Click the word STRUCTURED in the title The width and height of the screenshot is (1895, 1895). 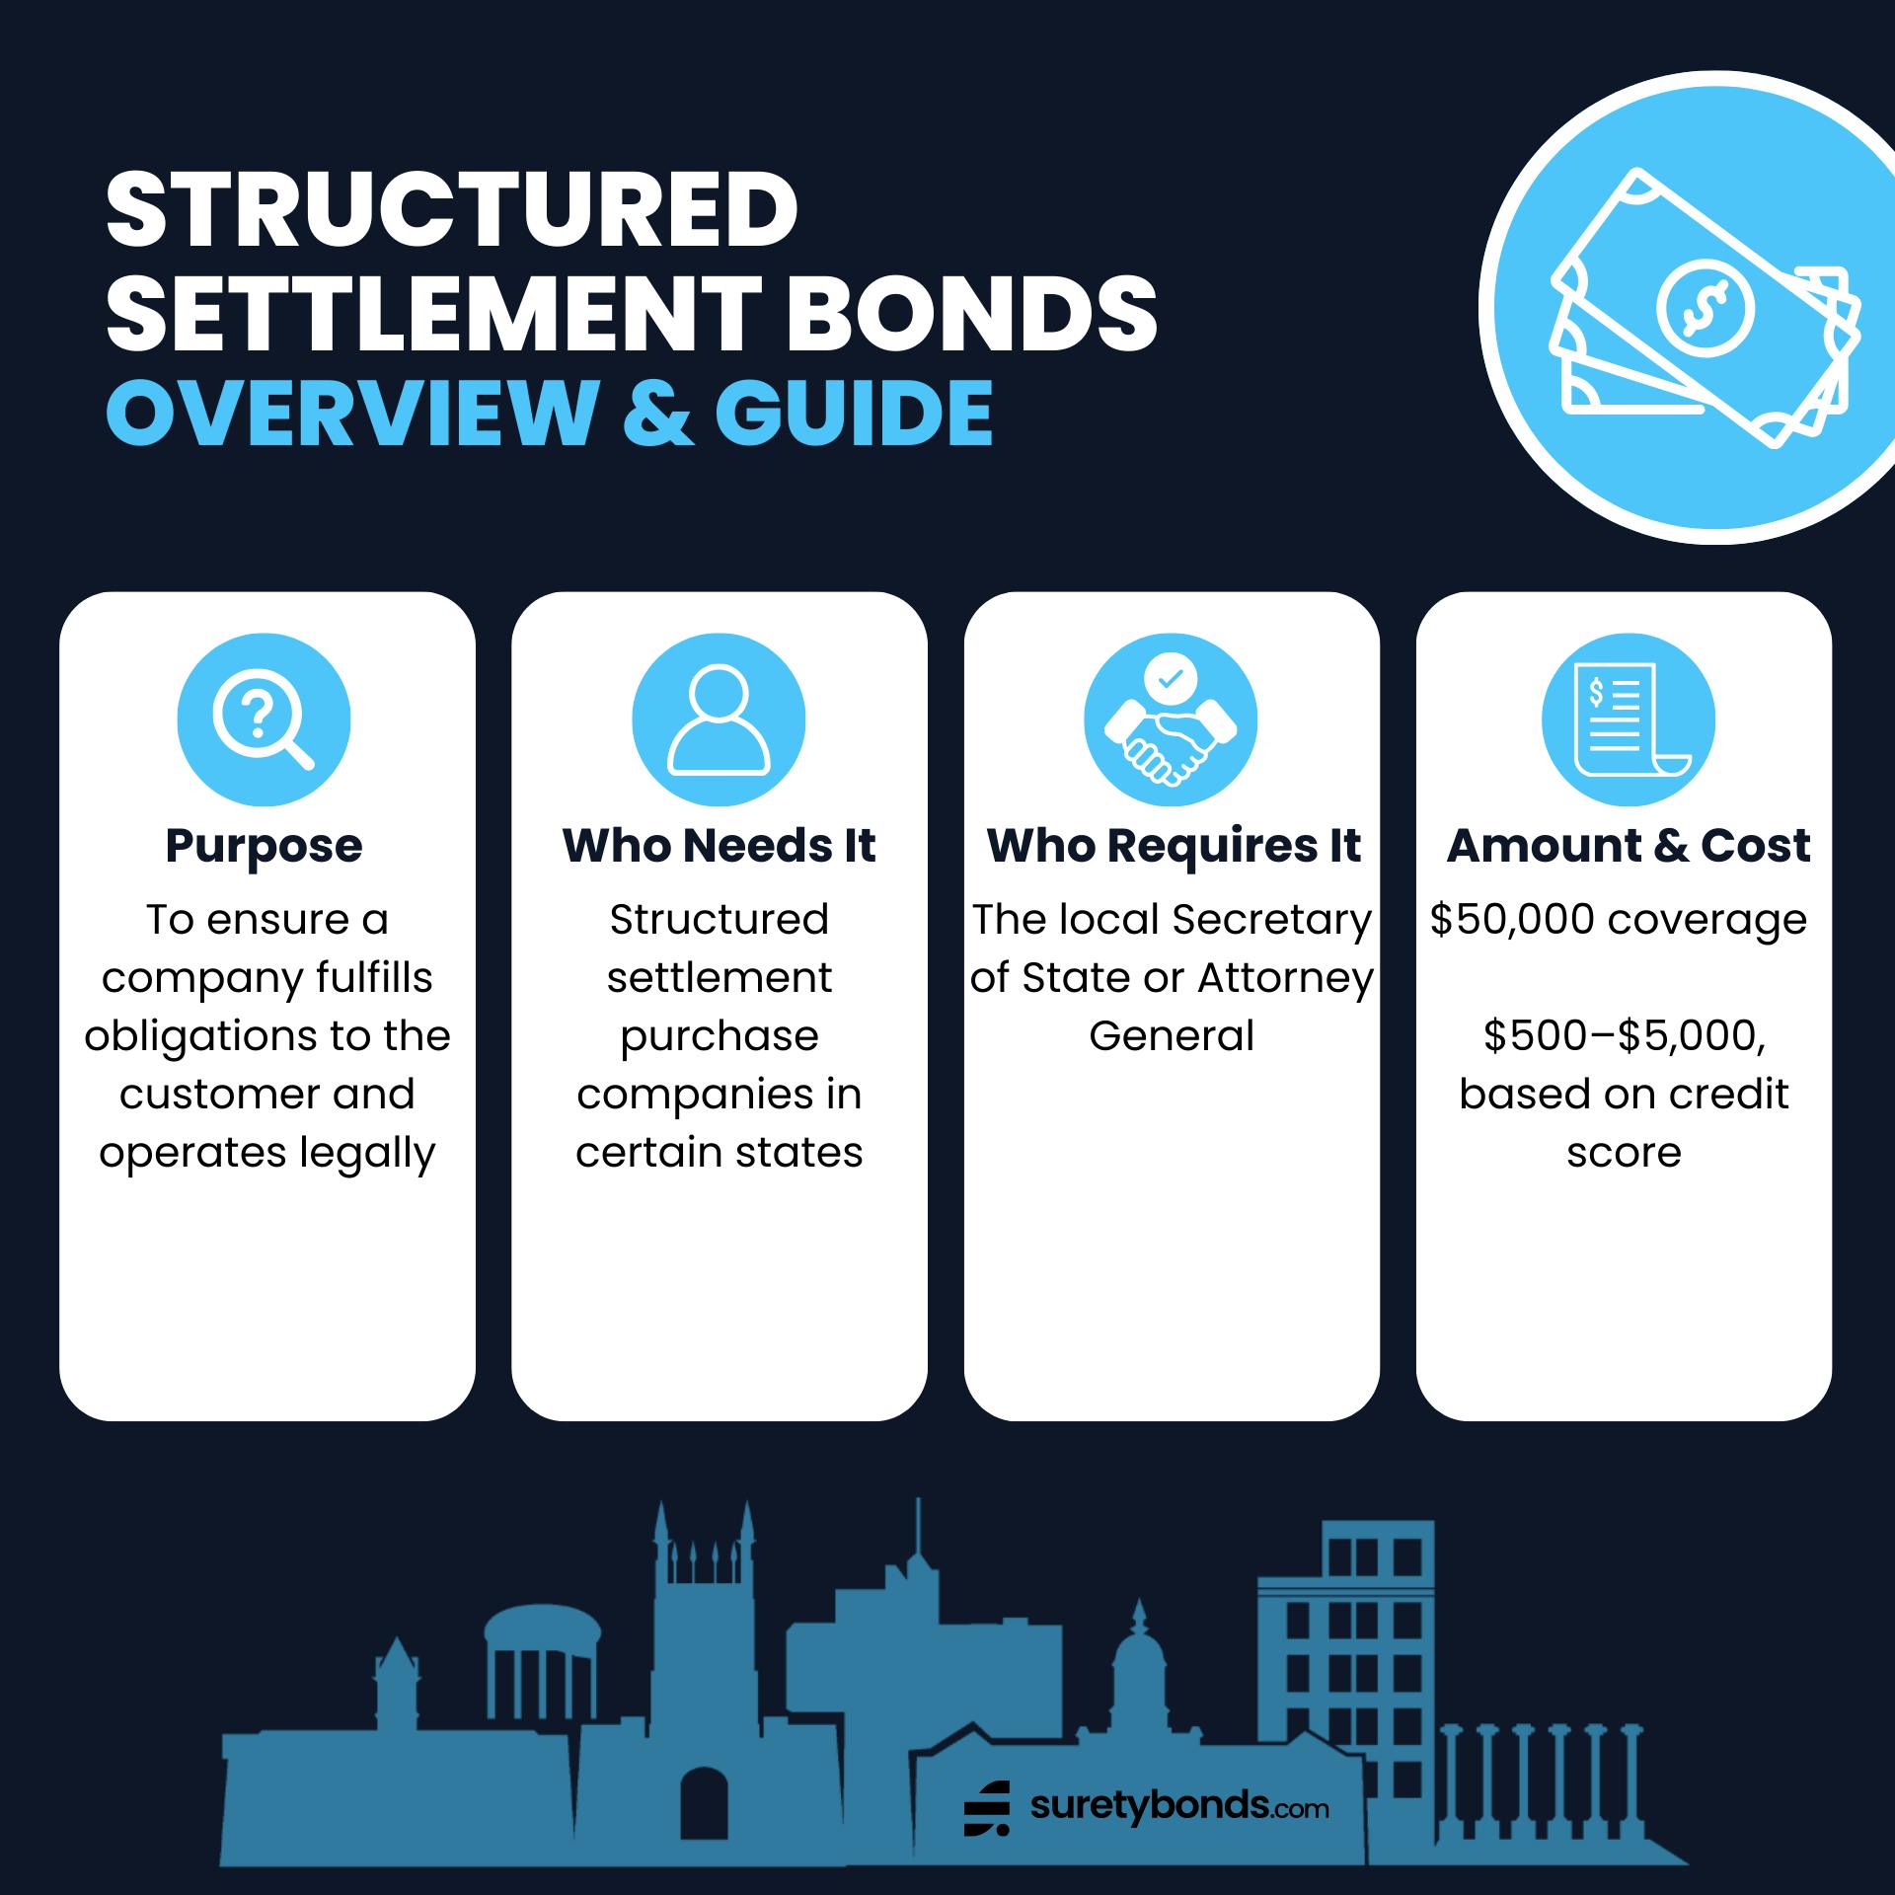point(451,210)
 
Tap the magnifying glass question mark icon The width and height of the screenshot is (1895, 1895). point(264,720)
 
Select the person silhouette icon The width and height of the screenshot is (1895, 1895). point(719,720)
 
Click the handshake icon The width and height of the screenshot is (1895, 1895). point(1171,720)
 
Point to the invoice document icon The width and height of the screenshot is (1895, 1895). point(1629,720)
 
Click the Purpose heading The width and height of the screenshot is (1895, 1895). point(264,847)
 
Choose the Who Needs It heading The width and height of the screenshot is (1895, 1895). point(719,846)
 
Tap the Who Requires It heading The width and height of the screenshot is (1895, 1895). point(1174,846)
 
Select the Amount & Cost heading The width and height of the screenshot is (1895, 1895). point(1629,846)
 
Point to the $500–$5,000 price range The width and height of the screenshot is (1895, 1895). point(1625,1036)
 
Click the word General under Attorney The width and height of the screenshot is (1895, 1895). point(1172,1036)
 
